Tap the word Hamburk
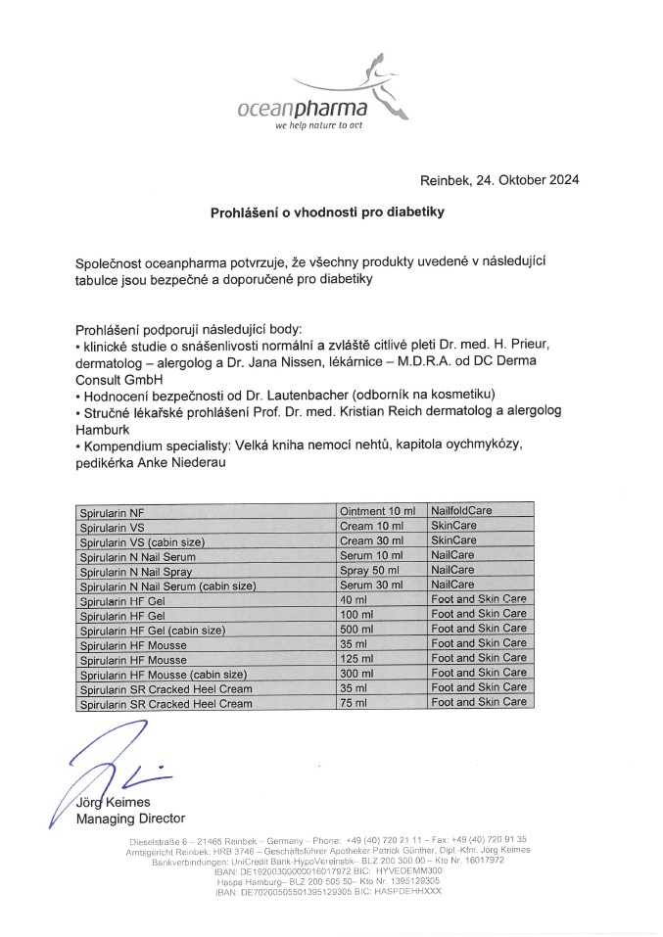coord(103,429)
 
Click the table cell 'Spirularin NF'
coord(114,511)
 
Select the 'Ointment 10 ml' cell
coord(377,511)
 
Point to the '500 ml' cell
coord(356,629)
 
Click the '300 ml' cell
coord(356,673)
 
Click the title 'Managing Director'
coord(130,819)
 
